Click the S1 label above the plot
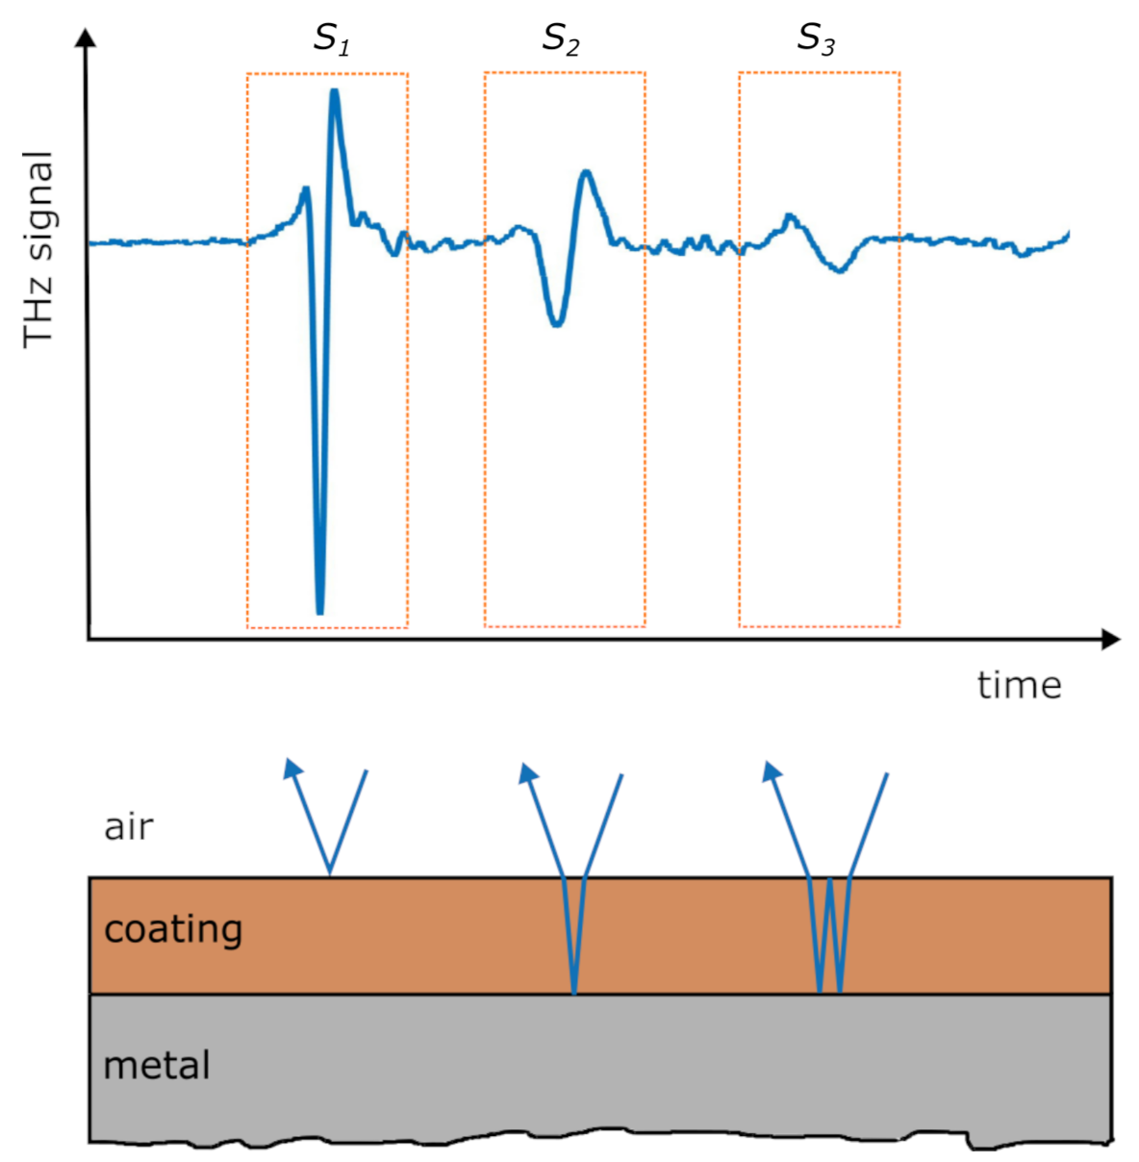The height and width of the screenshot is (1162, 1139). click(331, 38)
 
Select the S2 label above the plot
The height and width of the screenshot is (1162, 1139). click(560, 38)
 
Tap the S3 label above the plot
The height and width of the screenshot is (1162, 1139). click(816, 38)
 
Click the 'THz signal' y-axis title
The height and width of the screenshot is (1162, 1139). click(38, 248)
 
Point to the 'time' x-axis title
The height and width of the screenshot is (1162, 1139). click(1019, 685)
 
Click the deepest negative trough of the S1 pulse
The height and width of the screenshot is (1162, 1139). click(319, 610)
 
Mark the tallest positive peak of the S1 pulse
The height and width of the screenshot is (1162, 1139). click(334, 92)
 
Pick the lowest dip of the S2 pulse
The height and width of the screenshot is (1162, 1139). click(556, 324)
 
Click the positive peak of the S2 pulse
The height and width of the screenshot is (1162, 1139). click(586, 173)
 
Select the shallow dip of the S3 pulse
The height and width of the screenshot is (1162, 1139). click(840, 270)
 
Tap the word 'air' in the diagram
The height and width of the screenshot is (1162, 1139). click(128, 826)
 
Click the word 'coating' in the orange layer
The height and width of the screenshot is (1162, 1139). click(173, 930)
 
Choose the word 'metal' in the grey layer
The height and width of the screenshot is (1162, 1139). click(156, 1065)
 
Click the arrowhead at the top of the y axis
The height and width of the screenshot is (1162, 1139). click(88, 38)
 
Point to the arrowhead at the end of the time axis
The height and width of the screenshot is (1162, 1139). click(1110, 639)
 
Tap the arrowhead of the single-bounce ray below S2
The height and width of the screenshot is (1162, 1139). click(526, 771)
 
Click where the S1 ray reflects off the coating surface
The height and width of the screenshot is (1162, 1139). click(330, 874)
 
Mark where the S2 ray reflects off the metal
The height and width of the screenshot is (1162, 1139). click(574, 993)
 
